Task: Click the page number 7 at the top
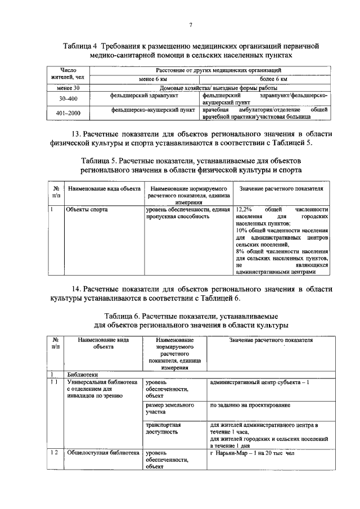191,24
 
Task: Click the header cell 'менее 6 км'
144,79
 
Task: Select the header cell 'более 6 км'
276,79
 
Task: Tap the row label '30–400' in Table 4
69,98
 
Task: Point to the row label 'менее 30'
69,88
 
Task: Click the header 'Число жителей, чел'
69,73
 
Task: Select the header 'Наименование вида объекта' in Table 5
103,189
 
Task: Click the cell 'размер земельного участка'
170,408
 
